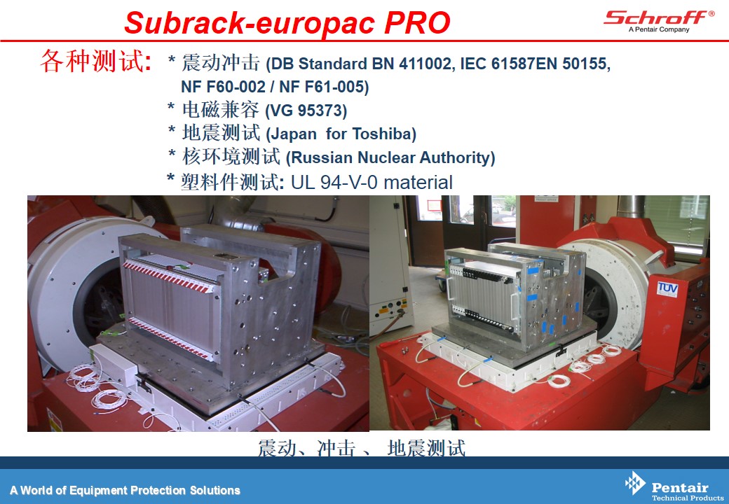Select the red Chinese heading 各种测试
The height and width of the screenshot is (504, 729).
click(96, 61)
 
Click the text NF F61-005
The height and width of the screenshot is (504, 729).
click(324, 87)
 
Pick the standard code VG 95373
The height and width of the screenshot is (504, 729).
click(306, 111)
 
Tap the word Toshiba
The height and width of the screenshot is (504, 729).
click(384, 134)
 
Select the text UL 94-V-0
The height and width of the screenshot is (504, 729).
click(334, 183)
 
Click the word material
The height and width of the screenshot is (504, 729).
click(418, 183)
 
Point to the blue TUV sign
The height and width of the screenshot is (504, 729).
click(667, 288)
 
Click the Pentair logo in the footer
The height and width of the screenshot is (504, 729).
click(674, 486)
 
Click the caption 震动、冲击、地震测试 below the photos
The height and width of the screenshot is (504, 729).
click(361, 447)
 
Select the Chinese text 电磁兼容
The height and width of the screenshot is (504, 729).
click(220, 109)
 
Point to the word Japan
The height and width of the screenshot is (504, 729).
click(293, 134)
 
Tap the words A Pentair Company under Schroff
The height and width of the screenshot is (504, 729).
click(659, 29)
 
